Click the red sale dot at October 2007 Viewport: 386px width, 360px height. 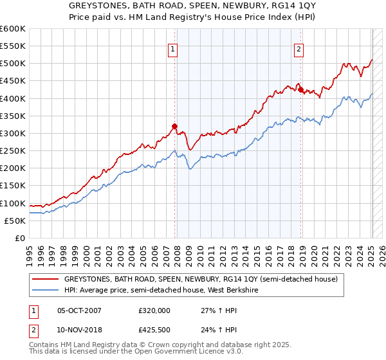(174, 126)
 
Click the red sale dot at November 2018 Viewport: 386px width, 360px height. (301, 89)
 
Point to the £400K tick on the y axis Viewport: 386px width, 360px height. (13, 98)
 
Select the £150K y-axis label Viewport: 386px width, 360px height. (13, 186)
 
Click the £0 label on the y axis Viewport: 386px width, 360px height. (19, 239)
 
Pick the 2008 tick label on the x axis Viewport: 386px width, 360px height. (177, 253)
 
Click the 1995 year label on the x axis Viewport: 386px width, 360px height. (29, 253)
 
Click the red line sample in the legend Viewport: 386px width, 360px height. (45, 279)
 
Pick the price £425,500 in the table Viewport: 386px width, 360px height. (154, 330)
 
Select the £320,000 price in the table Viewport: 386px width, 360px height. (154, 310)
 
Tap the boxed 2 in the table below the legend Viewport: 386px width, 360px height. (34, 330)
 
